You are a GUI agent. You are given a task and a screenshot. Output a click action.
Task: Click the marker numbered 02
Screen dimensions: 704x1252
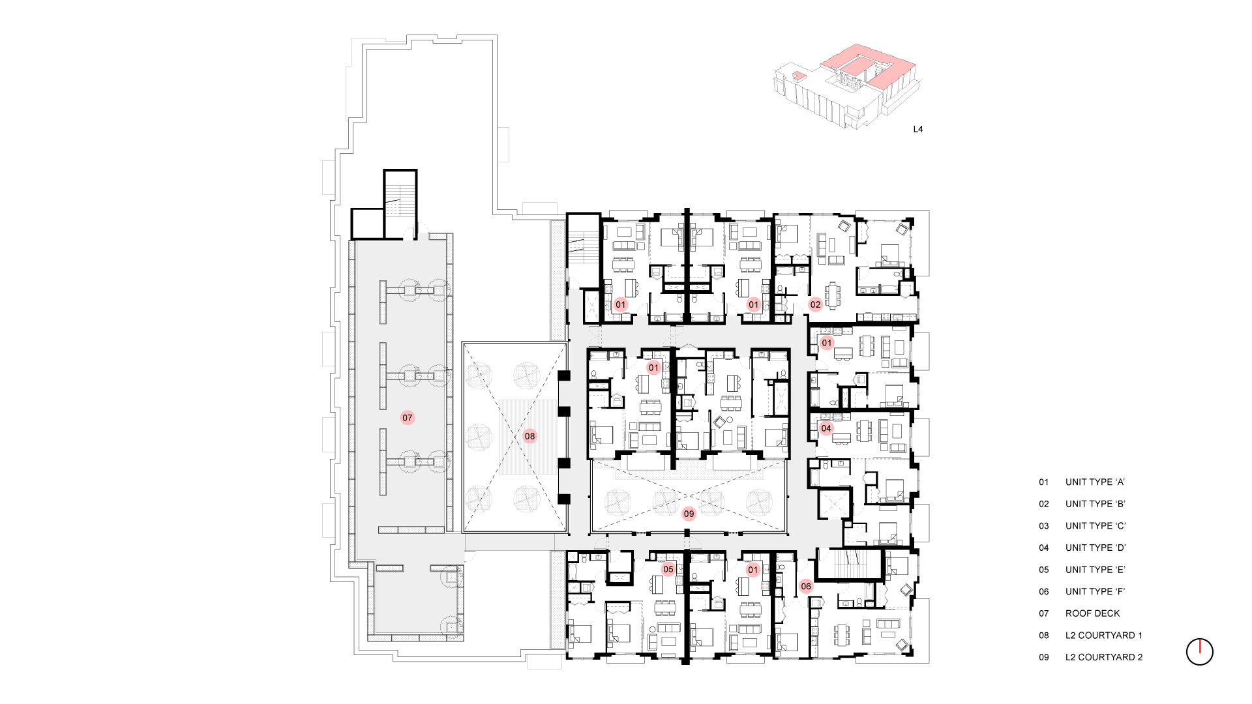pos(815,304)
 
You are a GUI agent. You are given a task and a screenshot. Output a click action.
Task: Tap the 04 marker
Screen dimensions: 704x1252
pos(826,428)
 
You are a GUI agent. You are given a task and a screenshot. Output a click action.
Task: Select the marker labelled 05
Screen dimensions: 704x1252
pos(668,569)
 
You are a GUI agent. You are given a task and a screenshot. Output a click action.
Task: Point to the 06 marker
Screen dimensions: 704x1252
pos(806,586)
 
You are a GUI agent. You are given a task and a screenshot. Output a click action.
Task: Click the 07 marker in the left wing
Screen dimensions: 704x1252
pos(408,418)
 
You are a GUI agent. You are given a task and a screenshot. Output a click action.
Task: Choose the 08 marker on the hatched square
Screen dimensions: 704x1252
pos(529,436)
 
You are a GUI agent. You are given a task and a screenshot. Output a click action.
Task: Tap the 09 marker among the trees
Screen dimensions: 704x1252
pos(689,514)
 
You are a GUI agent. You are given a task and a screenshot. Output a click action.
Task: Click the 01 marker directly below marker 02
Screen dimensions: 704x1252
pos(827,343)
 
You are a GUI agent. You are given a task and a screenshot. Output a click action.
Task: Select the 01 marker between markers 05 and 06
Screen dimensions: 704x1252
pos(753,570)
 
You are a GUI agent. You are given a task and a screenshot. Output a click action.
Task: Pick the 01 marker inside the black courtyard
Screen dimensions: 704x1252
pos(653,368)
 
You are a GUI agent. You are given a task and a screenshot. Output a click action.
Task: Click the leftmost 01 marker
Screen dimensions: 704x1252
pos(620,304)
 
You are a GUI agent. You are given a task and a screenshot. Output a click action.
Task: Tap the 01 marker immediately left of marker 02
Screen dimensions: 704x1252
pos(753,304)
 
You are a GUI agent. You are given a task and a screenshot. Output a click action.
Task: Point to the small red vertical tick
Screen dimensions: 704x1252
pos(1200,646)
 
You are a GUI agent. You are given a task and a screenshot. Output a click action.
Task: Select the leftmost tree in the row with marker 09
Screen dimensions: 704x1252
pos(617,503)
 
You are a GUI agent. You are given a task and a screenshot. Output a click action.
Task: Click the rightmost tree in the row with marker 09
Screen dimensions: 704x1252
pos(759,503)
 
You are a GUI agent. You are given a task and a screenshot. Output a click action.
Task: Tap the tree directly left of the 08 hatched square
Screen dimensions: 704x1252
pos(479,437)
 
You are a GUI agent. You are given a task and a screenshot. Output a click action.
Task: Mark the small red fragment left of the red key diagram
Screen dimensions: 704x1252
pos(799,76)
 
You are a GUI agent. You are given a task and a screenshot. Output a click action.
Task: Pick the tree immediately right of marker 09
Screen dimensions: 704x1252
pos(711,503)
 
